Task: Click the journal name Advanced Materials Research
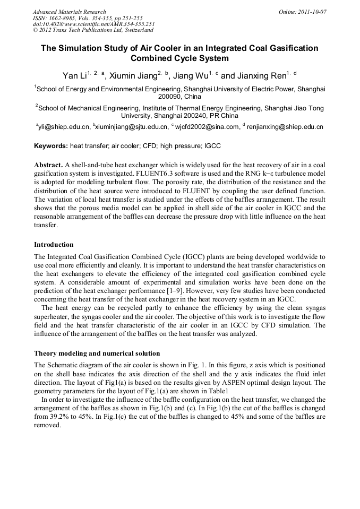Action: pos(69,11)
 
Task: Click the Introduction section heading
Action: pos(54,245)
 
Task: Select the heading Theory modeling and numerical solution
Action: pos(97,353)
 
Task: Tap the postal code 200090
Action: pos(159,97)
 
